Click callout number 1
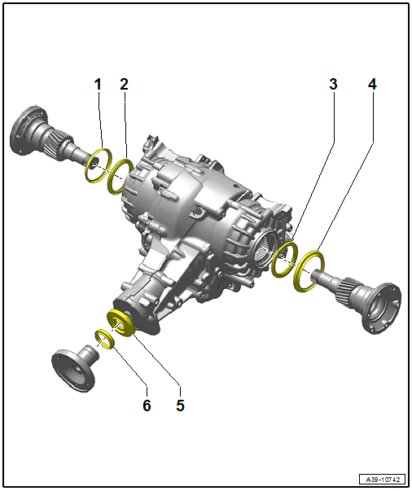(x=98, y=84)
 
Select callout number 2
(x=124, y=84)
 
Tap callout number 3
(x=332, y=84)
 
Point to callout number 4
(x=372, y=84)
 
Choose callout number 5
(x=180, y=405)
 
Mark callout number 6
(x=147, y=405)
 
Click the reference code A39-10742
(x=380, y=479)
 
